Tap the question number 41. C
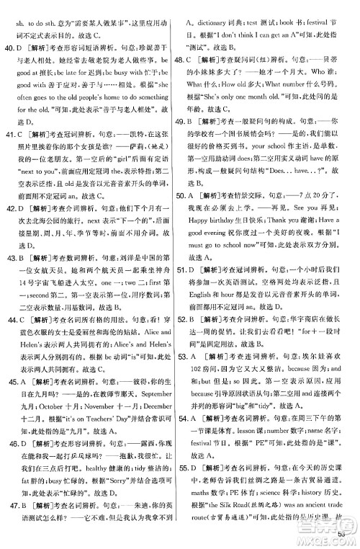tap(19, 114)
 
